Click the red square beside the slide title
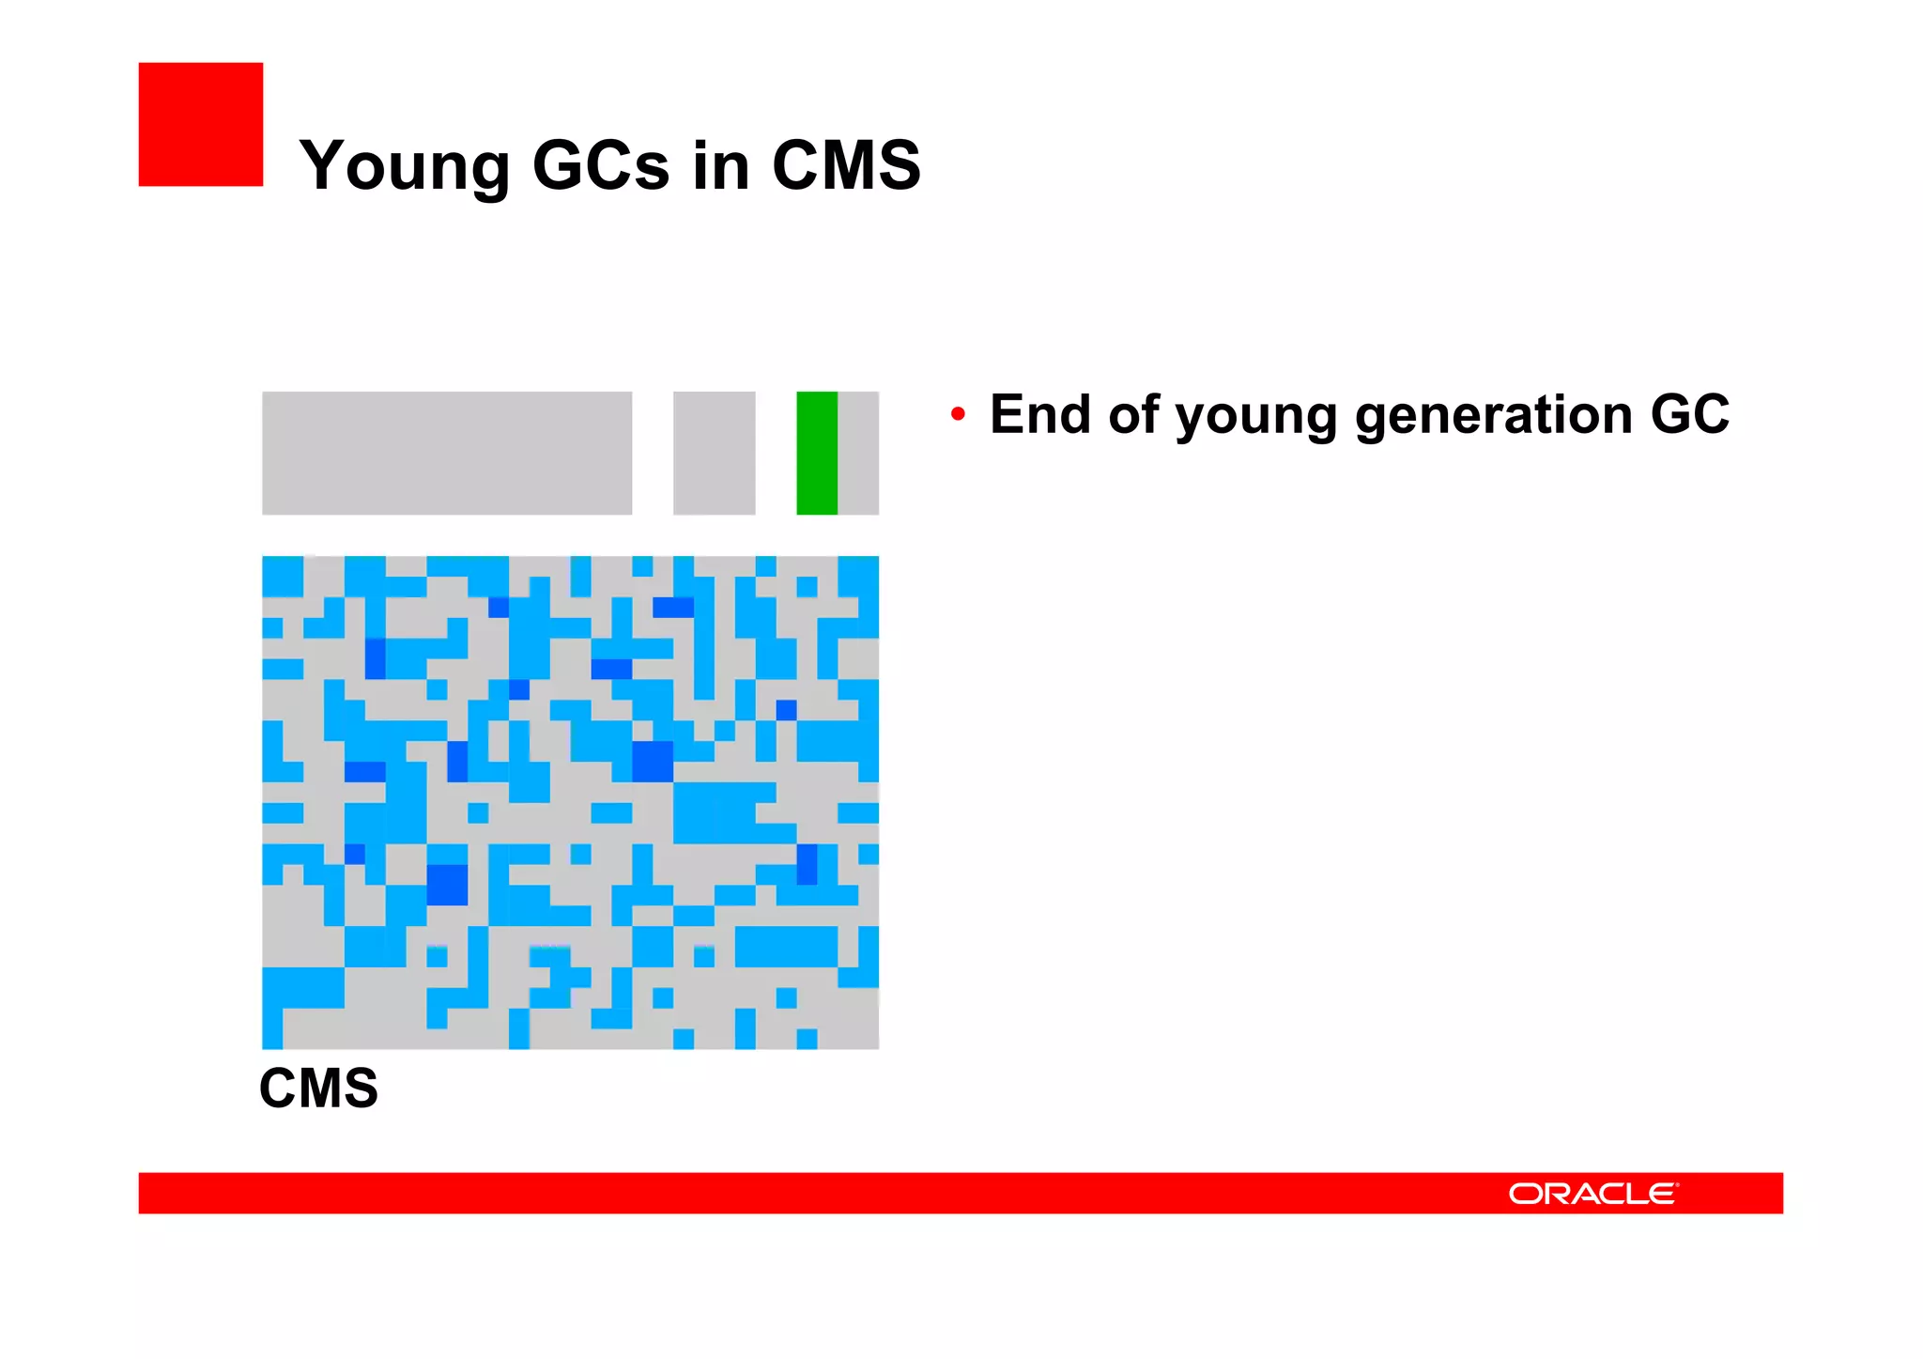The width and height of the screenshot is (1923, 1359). (x=200, y=124)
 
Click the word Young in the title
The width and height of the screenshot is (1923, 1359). (x=405, y=166)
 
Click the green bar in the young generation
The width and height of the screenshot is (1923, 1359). (x=816, y=453)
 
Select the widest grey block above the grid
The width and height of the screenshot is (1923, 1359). (x=447, y=453)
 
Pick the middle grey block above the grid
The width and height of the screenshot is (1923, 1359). (x=714, y=453)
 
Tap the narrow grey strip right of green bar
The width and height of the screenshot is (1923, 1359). (x=858, y=453)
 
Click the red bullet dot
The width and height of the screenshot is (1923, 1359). (x=957, y=413)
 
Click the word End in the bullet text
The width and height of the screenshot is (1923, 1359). (x=1039, y=413)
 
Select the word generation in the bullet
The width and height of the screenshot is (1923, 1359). (x=1494, y=415)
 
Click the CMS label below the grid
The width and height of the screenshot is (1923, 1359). (x=318, y=1088)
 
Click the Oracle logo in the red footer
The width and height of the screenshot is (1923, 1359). (x=1592, y=1193)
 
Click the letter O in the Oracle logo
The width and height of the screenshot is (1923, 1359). (x=1525, y=1193)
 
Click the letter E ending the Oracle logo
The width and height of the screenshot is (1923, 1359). (x=1660, y=1193)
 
